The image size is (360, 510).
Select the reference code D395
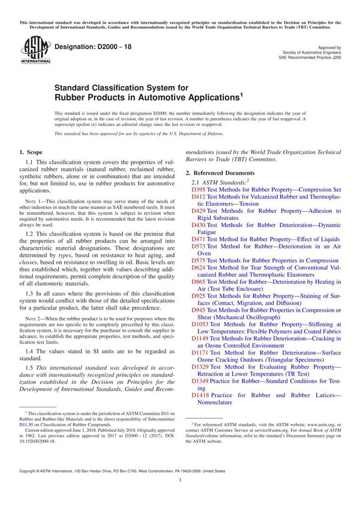[x=198, y=189]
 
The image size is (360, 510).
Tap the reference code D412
[x=198, y=197]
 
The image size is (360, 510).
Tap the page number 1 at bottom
[x=180, y=497]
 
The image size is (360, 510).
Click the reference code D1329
[x=200, y=383]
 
